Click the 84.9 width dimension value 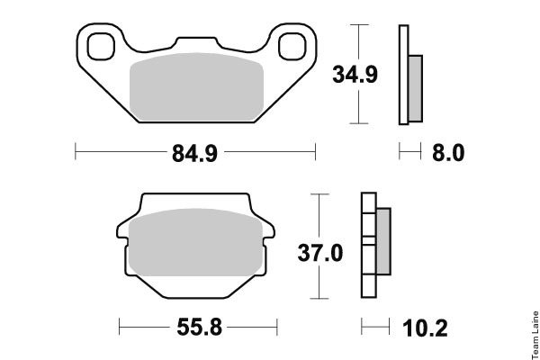tap(194, 153)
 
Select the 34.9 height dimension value tap(355, 75)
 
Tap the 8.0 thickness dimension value tap(448, 153)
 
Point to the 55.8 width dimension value tap(200, 327)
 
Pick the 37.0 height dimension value tap(319, 253)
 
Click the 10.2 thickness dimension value tap(425, 328)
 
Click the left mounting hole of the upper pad tap(101, 47)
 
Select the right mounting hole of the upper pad tap(292, 47)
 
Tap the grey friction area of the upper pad tap(196, 86)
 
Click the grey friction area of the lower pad tap(195, 242)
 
